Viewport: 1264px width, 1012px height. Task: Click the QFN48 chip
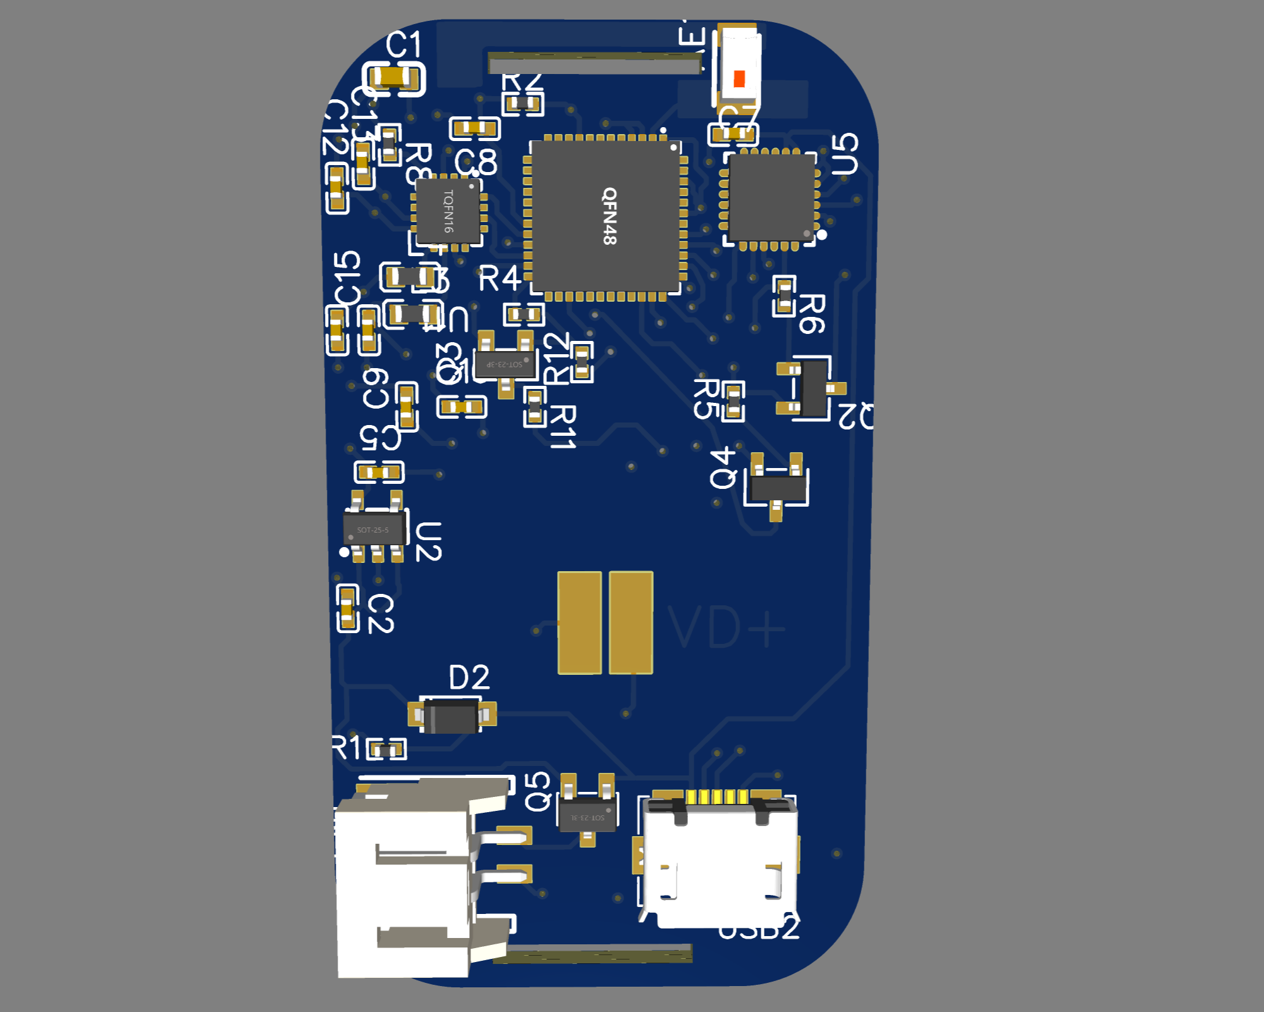[606, 216]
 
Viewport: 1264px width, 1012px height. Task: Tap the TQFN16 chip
[448, 211]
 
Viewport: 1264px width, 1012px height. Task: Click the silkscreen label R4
[499, 279]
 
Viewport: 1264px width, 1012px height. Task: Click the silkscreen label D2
[469, 678]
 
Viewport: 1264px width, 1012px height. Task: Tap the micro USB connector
[720, 860]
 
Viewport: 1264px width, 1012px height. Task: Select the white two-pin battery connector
[405, 879]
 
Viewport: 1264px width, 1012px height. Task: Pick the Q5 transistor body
[587, 813]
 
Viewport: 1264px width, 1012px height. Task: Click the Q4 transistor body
[777, 488]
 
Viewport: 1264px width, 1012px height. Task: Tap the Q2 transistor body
[814, 388]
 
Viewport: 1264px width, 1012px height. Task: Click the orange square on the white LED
[739, 79]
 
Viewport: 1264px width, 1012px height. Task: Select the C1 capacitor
[394, 78]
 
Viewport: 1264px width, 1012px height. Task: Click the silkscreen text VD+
[726, 627]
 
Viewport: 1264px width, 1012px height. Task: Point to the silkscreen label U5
[845, 154]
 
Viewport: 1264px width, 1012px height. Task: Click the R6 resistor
[785, 295]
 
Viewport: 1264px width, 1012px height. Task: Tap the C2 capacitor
[347, 608]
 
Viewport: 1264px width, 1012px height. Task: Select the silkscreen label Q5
[538, 791]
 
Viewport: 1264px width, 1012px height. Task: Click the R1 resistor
[386, 750]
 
